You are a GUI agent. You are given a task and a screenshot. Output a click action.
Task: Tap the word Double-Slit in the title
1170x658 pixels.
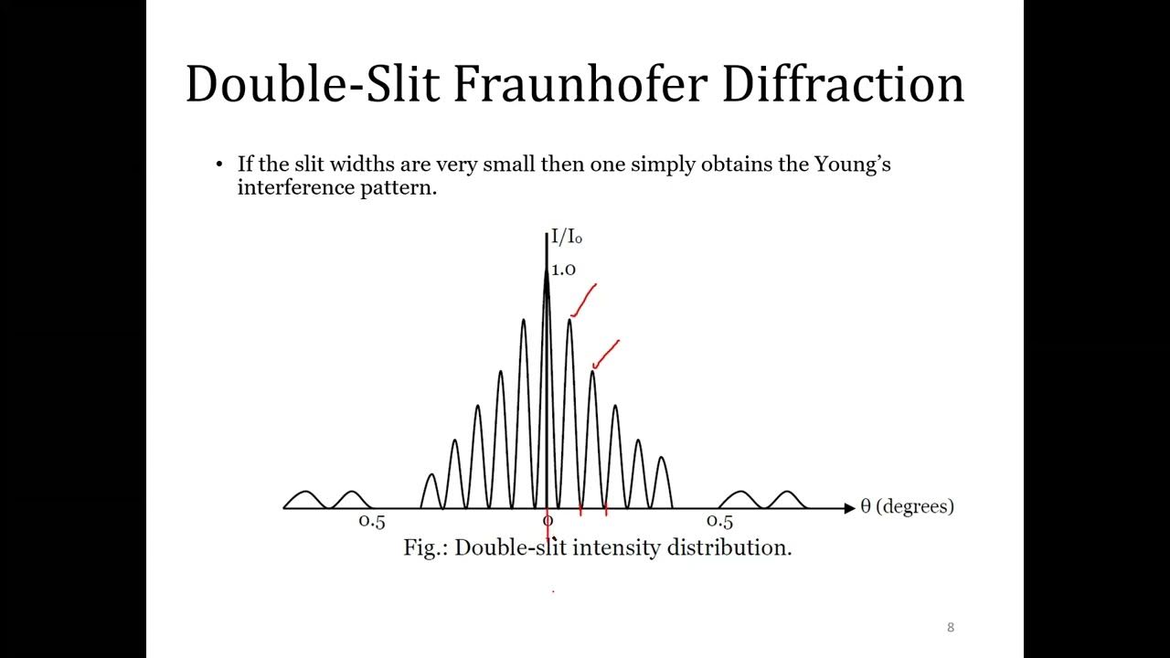click(312, 84)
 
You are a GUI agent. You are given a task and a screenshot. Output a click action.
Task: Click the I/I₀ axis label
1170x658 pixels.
click(566, 239)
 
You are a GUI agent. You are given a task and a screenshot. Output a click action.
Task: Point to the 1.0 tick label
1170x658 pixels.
click(563, 270)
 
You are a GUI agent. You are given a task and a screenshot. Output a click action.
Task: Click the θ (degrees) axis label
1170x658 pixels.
click(907, 506)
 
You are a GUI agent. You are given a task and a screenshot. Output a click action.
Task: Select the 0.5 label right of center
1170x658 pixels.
click(720, 522)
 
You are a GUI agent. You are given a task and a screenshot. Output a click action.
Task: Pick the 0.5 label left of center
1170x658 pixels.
click(372, 522)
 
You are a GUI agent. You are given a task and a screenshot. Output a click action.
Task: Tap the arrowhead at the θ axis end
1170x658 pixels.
click(849, 507)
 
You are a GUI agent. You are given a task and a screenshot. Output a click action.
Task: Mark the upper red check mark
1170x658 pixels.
click(584, 300)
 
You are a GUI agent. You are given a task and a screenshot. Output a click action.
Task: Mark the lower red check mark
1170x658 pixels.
click(606, 355)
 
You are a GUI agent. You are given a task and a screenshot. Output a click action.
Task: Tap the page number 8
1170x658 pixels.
click(951, 627)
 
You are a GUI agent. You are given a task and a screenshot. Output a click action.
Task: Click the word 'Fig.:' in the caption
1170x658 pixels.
click(425, 547)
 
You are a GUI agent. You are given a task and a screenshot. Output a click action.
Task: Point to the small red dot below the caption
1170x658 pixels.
click(553, 591)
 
